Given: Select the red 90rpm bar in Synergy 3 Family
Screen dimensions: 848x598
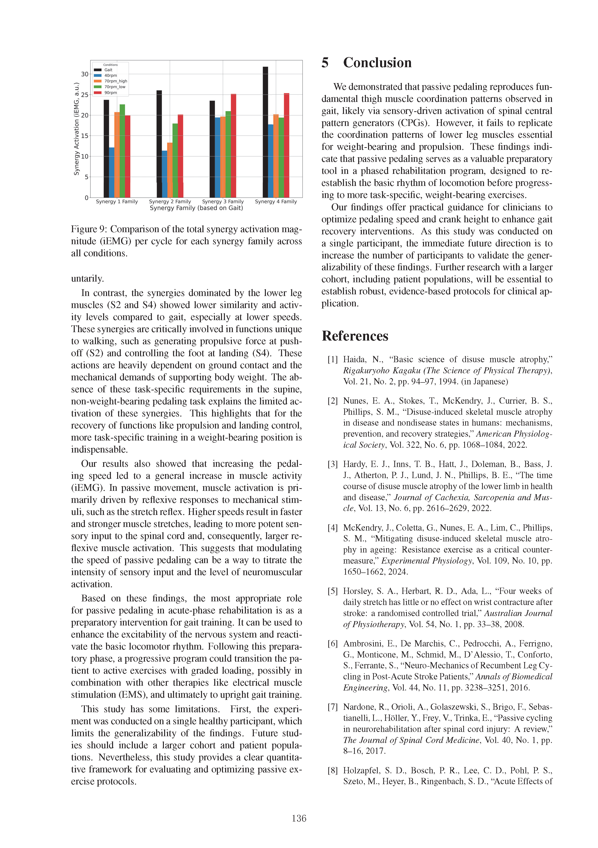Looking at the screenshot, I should [234, 146].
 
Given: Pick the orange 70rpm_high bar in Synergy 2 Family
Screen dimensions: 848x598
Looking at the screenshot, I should [170, 170].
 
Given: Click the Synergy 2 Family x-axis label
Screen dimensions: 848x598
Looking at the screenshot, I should [170, 202].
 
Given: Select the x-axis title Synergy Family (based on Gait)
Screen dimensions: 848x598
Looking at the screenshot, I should [196, 208].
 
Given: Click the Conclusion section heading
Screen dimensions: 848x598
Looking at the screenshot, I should [377, 63].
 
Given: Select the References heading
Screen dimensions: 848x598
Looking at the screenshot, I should [355, 336].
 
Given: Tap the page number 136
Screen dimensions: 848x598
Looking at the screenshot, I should [299, 818].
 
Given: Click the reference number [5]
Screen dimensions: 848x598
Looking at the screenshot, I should [333, 591].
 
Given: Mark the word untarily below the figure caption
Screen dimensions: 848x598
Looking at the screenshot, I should [87, 278].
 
